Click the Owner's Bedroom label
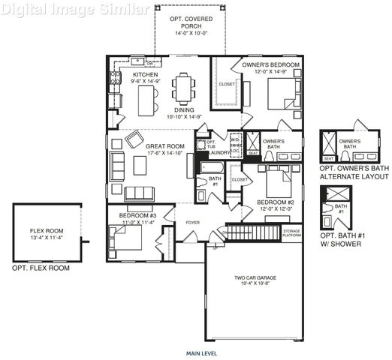coord(270,65)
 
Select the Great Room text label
coord(164,146)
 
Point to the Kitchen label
coord(144,76)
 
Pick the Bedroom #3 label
coord(136,215)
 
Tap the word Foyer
coord(194,222)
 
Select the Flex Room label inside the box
coord(47,231)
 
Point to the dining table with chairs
coord(183,89)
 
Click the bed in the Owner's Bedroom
coord(284,94)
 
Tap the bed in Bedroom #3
coord(125,238)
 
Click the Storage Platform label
coord(292,232)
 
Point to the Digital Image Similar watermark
coord(65,10)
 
